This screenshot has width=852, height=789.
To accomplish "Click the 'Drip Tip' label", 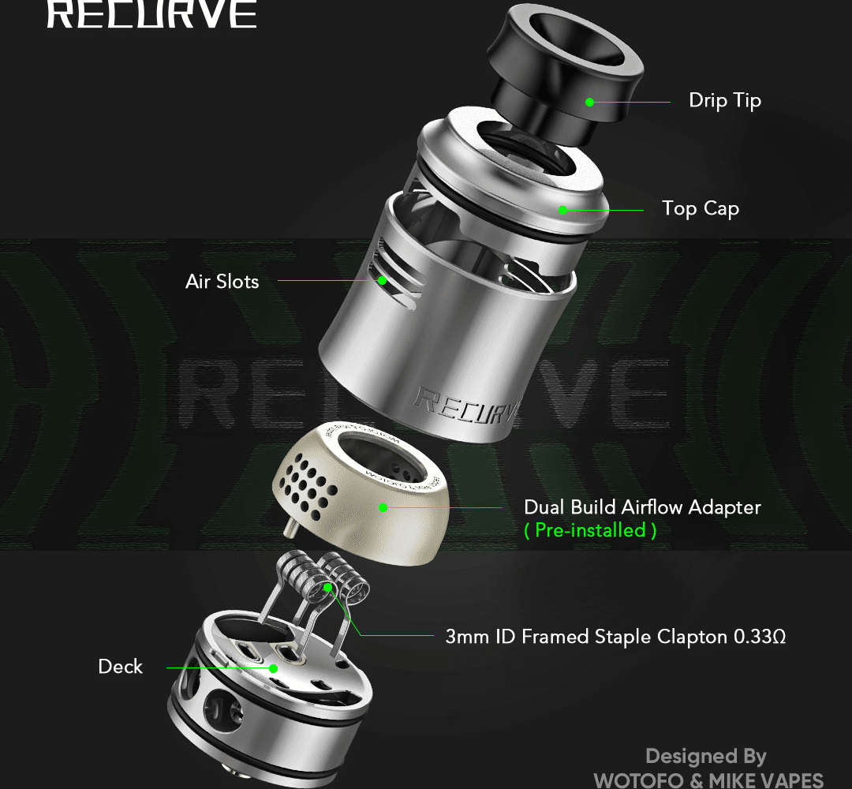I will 724,101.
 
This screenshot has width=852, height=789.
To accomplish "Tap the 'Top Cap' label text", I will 700,209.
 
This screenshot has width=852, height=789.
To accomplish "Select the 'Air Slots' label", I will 222,282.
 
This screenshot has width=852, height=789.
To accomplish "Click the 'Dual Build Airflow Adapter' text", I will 642,507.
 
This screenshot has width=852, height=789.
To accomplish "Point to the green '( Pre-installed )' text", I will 590,531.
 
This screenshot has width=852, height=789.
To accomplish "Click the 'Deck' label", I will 120,667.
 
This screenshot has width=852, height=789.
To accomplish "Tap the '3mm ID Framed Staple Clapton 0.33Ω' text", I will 615,636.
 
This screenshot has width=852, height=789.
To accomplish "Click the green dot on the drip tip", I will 589,102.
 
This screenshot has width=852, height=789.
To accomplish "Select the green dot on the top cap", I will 562,210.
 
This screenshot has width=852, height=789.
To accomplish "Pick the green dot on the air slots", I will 382,280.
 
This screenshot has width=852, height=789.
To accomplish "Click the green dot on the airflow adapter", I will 383,507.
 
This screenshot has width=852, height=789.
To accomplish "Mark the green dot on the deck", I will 273,668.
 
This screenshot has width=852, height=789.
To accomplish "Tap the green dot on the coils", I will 328,587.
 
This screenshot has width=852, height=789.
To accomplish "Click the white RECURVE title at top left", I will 151,14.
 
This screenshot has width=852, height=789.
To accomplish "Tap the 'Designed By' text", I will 705,757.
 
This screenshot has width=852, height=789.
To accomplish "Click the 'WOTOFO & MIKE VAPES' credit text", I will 708,780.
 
